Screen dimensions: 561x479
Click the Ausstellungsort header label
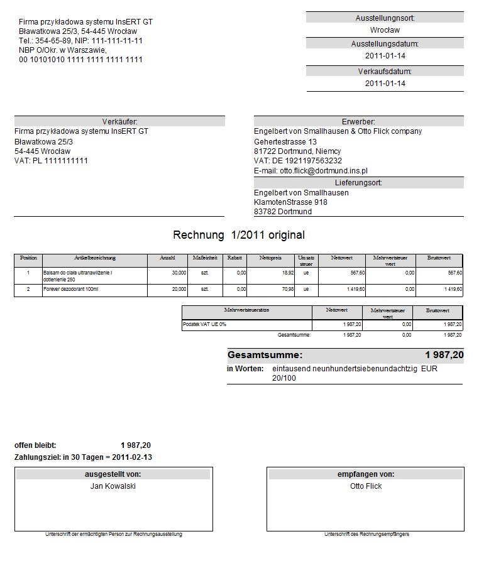pyautogui.click(x=385, y=18)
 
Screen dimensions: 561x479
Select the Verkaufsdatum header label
pyautogui.click(x=385, y=72)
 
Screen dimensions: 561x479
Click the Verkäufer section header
pyautogui.click(x=119, y=121)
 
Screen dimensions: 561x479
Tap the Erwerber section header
pyautogui.click(x=359, y=121)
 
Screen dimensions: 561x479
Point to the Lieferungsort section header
pyautogui.click(x=359, y=183)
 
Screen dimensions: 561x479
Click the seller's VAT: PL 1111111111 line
pyautogui.click(x=51, y=161)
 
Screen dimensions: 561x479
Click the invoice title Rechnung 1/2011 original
pyautogui.click(x=239, y=235)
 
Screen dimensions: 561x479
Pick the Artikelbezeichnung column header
pyautogui.click(x=95, y=258)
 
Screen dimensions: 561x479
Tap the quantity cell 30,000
pyautogui.click(x=179, y=273)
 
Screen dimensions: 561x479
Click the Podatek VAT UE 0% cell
pyautogui.click(x=204, y=324)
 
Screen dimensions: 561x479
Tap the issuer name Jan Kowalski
pyautogui.click(x=113, y=486)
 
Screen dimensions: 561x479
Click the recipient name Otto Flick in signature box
pyautogui.click(x=366, y=486)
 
